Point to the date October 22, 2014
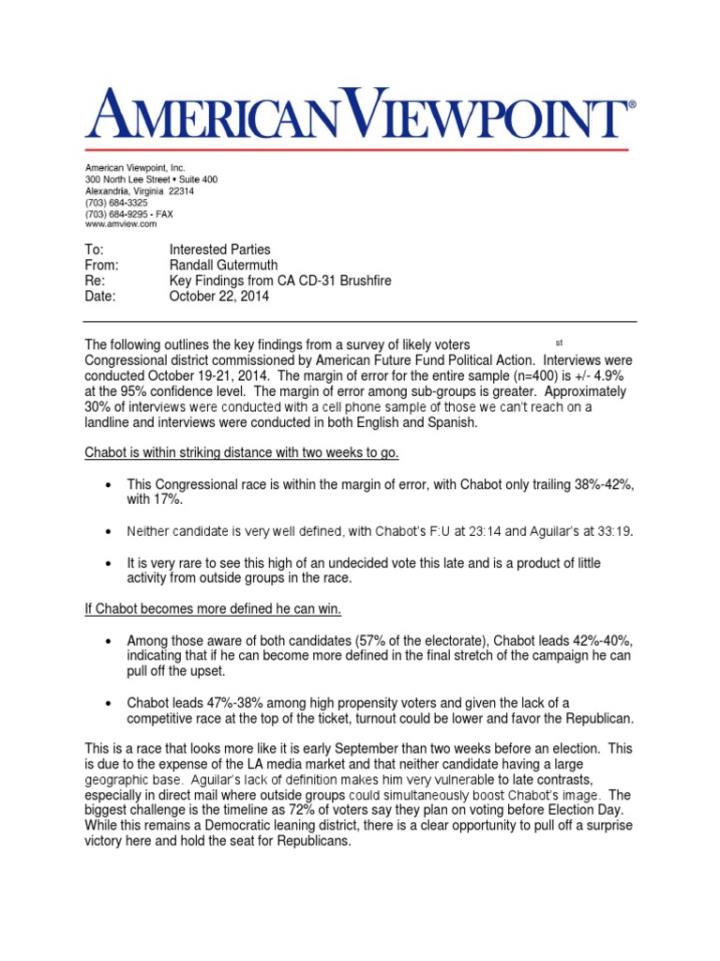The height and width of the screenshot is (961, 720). (x=219, y=296)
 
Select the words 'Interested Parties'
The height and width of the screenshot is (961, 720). (x=219, y=250)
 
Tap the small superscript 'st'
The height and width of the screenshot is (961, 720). (x=560, y=341)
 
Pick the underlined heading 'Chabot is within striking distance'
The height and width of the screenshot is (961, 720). (x=242, y=453)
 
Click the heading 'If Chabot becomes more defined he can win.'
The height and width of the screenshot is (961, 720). (x=213, y=610)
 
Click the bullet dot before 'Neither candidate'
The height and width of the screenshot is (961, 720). (x=110, y=532)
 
